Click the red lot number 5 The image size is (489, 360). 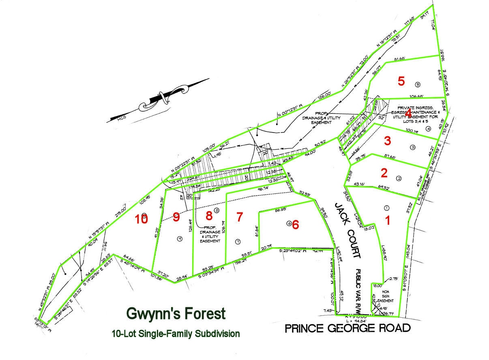(401, 81)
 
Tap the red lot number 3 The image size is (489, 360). (388, 141)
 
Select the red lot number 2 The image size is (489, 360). (384, 173)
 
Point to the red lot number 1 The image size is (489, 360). (387, 221)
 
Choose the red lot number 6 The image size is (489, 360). (295, 224)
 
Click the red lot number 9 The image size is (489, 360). (176, 217)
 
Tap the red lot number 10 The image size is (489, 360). (142, 219)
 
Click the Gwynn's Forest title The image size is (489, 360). (176, 313)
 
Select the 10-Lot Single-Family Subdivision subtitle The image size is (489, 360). (176, 334)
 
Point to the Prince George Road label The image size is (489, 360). (347, 328)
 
